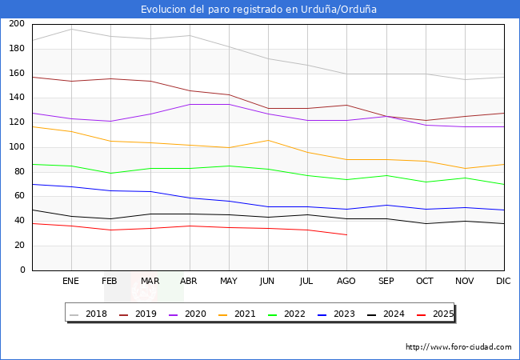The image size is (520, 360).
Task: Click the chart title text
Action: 258,10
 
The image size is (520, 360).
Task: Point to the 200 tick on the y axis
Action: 16,24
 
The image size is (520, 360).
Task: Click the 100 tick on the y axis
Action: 16,147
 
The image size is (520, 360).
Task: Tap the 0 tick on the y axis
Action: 22,270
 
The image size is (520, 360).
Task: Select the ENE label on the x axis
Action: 71,282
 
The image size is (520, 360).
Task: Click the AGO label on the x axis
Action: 346,282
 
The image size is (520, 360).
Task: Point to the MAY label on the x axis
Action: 229,282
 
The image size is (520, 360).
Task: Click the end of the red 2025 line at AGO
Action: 346,234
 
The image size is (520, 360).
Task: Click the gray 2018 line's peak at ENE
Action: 71,30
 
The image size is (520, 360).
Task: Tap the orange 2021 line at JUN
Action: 268,141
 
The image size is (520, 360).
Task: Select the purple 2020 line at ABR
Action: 190,105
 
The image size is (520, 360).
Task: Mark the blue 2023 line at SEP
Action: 386,206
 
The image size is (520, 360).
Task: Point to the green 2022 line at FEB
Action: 110,174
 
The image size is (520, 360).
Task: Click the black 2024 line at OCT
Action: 426,223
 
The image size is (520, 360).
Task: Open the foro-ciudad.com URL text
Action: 458,347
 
